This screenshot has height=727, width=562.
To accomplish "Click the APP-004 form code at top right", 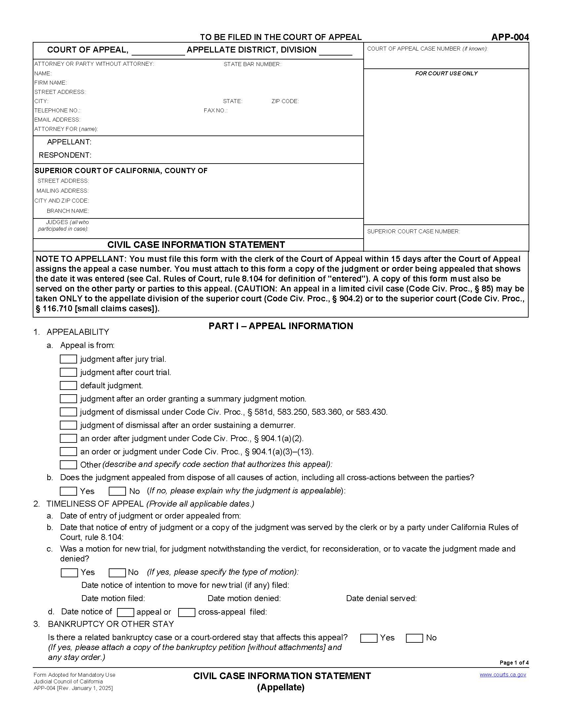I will coord(509,37).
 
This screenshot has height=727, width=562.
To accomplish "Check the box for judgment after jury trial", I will coord(68,359).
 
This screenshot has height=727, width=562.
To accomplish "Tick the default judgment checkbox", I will coord(68,385).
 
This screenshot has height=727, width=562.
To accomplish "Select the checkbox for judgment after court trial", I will coord(68,372).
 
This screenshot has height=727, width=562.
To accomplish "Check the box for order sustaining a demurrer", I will coord(68,425).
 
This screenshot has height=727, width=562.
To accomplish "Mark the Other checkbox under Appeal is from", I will coord(68,465).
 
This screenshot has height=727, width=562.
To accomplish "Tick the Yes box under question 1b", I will coord(68,491).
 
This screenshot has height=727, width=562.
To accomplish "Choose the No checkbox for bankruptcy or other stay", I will coord(414,638).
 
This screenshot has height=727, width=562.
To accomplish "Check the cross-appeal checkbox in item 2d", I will coord(186,612).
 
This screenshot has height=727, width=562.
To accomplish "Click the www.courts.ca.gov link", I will coord(502,675).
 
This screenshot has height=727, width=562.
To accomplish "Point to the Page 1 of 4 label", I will coord(514,663).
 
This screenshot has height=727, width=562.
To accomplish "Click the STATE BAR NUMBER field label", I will coord(252,64).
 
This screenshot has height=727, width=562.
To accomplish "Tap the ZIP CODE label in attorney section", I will coord(285,101).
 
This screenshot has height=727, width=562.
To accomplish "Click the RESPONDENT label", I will coord(65,155).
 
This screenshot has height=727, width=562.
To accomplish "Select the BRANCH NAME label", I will coord(67,211).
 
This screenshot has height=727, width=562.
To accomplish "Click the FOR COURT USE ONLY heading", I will coord(446,73).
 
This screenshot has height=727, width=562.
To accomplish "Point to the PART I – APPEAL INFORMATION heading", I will coord(281,326).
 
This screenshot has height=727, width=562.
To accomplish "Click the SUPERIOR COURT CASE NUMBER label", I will coord(413,231).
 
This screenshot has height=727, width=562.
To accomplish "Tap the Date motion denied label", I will coord(244,598).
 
